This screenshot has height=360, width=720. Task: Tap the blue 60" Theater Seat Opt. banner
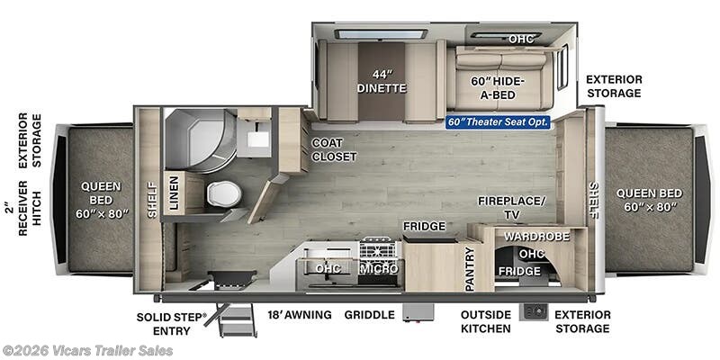499,122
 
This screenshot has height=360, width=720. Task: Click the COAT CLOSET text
334,149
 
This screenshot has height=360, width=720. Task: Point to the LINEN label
174,193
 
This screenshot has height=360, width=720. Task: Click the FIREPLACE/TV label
511,208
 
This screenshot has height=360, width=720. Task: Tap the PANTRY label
469,268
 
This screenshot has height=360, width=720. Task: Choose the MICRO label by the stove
378,268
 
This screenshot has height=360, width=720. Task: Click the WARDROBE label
536,237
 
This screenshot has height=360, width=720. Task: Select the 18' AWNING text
300,314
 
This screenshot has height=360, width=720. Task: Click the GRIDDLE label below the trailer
370,314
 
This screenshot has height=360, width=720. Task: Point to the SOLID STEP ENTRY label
172,323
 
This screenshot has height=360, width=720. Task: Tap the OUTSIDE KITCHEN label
486,321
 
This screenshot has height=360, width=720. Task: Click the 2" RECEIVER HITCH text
30,208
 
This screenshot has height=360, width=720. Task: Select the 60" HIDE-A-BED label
499,87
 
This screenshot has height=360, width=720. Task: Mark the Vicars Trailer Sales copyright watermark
87,351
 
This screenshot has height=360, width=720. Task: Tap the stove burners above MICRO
377,250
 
